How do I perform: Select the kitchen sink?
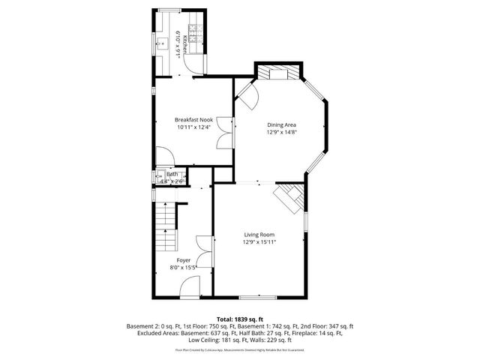tap(162, 43)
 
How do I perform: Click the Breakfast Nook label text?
tap(194, 120)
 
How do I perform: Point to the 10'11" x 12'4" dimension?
tap(194, 127)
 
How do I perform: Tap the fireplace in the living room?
tap(289, 199)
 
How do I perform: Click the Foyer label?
tap(184, 259)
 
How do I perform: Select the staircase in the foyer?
tap(165, 229)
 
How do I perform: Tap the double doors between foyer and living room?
tap(205, 252)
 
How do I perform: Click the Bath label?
tap(172, 174)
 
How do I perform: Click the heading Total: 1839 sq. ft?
tap(240, 319)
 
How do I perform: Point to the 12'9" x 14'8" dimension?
tap(282, 132)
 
